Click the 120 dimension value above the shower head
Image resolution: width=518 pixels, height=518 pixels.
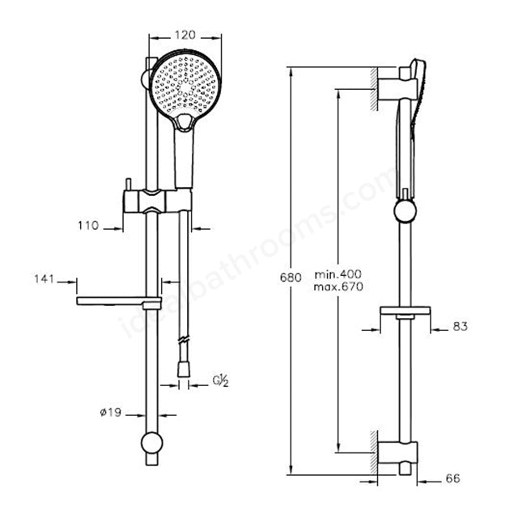click(185, 35)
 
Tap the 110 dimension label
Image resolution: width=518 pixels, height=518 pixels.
click(88, 226)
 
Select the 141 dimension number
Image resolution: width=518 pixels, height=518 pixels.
click(45, 279)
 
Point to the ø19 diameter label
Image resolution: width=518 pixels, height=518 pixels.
click(111, 412)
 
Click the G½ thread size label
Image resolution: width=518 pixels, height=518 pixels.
click(220, 381)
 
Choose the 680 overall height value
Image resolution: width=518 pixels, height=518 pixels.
click(291, 278)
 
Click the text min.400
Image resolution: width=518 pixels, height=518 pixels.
click(338, 274)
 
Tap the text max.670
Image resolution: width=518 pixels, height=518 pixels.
click(338, 287)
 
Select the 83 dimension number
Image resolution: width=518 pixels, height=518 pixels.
click(461, 327)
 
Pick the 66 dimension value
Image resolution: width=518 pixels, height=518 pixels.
click(453, 478)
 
